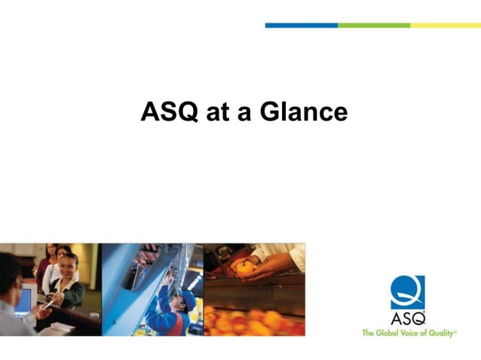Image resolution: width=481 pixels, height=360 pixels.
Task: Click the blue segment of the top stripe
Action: coord(301,25)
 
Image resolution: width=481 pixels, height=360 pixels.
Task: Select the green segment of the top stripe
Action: coord(373,25)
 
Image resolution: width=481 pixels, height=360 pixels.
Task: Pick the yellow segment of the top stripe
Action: coord(445,25)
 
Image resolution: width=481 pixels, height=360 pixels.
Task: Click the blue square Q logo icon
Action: coord(407,292)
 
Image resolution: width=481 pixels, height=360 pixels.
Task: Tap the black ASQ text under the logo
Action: coord(407,317)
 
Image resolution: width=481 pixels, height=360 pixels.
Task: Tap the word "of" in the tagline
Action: coord(427,332)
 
